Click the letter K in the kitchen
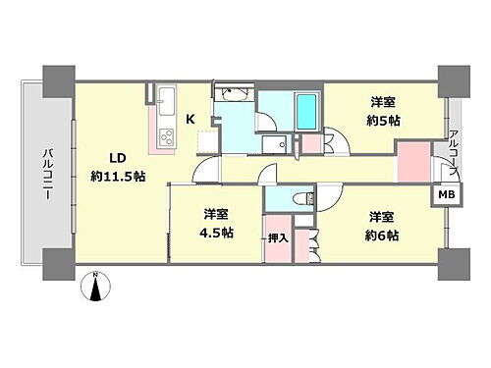[x=191, y=119]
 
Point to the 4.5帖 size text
[x=215, y=233]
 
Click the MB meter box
[x=445, y=194]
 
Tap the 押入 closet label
[x=278, y=237]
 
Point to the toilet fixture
[x=303, y=199]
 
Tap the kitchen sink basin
[x=165, y=99]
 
